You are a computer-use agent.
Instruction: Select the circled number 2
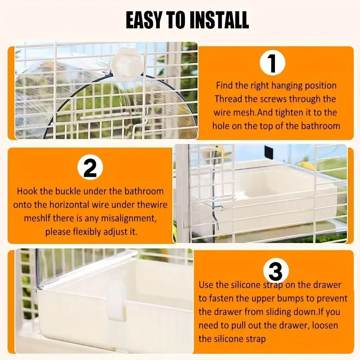tap(90, 169)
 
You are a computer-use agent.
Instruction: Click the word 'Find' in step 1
tap(225, 85)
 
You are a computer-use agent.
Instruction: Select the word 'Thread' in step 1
tap(228, 99)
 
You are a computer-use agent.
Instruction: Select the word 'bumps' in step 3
tap(287, 298)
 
